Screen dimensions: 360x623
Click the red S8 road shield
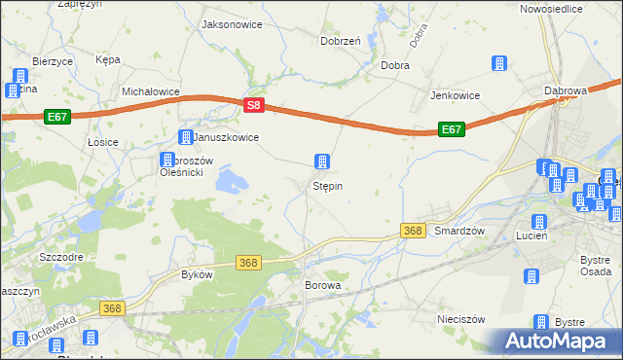coord(253,104)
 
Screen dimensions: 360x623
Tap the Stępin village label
coord(327,185)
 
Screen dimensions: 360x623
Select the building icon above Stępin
coord(320,162)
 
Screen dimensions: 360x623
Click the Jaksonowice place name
coord(233,23)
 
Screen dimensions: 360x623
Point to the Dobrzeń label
coord(341,41)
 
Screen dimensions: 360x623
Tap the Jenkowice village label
coord(458,96)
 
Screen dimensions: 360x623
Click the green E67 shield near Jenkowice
coord(451,128)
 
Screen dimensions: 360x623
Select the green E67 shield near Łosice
coord(56,117)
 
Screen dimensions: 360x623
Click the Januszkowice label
coord(226,138)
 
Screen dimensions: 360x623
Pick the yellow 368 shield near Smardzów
coord(412,231)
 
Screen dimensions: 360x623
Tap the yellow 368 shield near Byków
coord(248,263)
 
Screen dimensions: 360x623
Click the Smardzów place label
coord(459,231)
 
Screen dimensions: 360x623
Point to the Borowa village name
coord(323,286)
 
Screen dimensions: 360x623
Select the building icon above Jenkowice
coord(498,64)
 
